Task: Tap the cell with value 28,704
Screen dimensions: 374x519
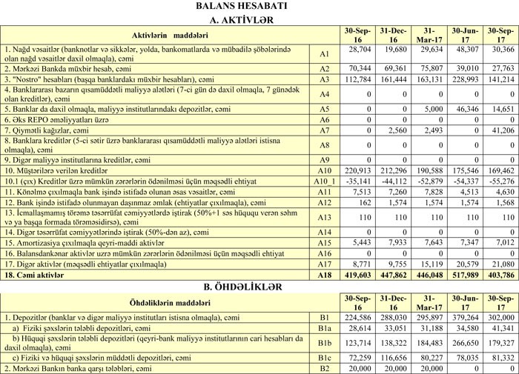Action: click(x=359, y=50)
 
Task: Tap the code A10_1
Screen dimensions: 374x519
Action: click(x=323, y=180)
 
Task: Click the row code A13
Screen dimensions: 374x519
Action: click(x=323, y=218)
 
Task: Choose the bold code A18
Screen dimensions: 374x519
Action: click(x=323, y=274)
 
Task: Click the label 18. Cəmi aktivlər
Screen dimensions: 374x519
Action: click(x=33, y=274)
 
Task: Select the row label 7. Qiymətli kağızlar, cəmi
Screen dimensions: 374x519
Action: click(x=56, y=130)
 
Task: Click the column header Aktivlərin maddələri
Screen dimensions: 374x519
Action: click(x=159, y=35)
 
